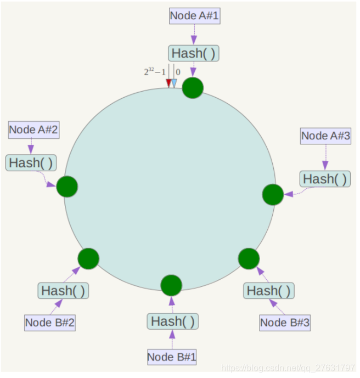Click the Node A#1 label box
[x=194, y=15]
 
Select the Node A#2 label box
[x=33, y=131]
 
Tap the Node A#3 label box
[x=325, y=136]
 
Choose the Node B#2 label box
[x=49, y=323]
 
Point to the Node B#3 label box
[x=285, y=323]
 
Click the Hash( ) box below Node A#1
[x=193, y=53]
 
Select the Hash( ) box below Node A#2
[x=31, y=162]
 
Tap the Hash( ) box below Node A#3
[x=325, y=179]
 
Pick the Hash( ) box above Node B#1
[x=172, y=321]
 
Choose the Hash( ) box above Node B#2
[x=63, y=291]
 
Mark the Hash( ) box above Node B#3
[x=268, y=291]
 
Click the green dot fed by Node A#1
[x=193, y=88]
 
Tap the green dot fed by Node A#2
[x=67, y=187]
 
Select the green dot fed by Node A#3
[x=273, y=195]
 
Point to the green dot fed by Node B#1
[x=171, y=285]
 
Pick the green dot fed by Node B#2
[x=88, y=258]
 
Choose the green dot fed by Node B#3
[x=249, y=258]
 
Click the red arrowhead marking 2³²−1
[x=168, y=83]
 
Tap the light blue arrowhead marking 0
[x=174, y=83]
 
